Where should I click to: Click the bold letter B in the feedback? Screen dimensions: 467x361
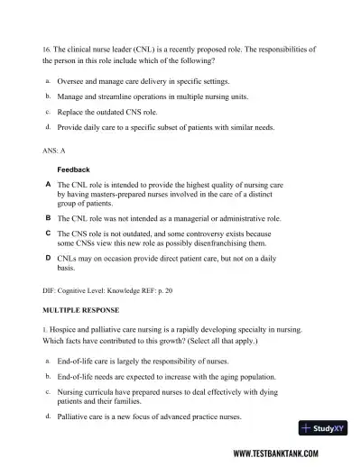(47, 218)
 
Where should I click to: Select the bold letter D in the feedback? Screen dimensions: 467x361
(47, 258)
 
